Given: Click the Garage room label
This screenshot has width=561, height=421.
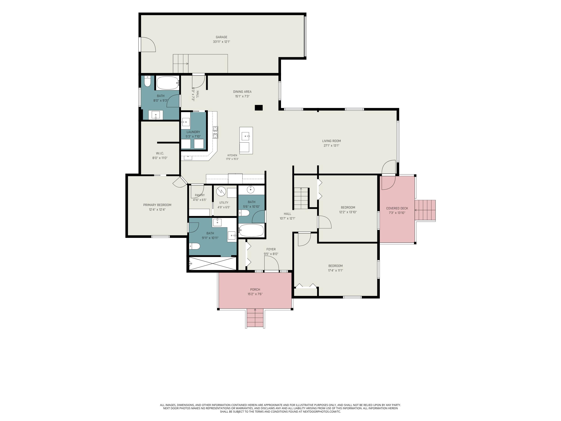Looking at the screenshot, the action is click(x=221, y=37).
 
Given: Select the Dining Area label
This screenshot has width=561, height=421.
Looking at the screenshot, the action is click(x=242, y=92).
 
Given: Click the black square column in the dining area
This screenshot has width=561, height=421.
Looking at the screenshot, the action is click(x=259, y=108).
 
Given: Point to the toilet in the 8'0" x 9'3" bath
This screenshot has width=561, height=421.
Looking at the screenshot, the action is click(x=147, y=81).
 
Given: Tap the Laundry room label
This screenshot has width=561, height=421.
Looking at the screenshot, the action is click(x=193, y=132).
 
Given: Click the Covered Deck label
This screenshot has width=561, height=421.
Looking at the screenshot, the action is click(x=397, y=208).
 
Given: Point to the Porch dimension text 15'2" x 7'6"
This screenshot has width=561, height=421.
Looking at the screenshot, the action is click(x=255, y=294).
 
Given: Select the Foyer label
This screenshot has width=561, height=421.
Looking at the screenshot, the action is click(x=271, y=249).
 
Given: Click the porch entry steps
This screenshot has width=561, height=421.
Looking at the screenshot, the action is click(x=255, y=318).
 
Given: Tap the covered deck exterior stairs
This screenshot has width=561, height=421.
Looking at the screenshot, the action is click(x=425, y=210).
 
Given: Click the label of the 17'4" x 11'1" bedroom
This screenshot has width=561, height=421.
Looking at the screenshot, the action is click(x=335, y=266).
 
